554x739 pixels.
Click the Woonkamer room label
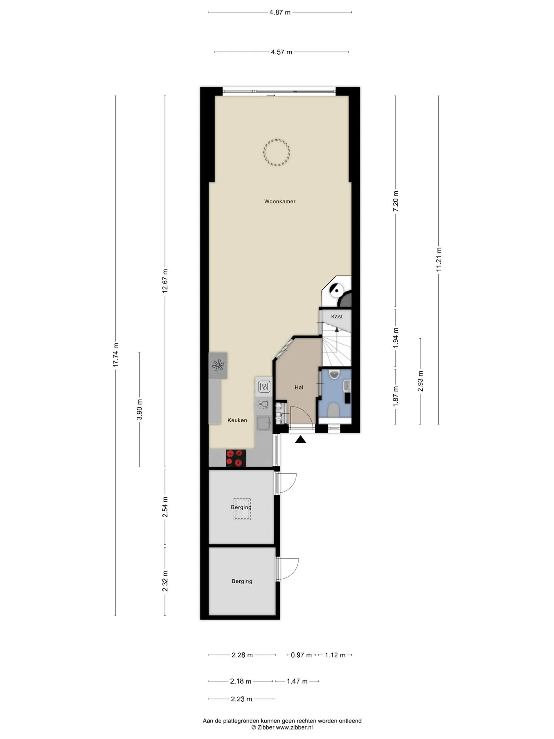tap(280, 201)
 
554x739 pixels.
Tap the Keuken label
tap(237, 420)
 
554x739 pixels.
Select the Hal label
tap(299, 388)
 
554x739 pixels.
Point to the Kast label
tap(337, 316)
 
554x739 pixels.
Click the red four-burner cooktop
tap(236, 458)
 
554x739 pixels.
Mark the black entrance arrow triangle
tap(300, 439)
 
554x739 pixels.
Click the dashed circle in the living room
tap(276, 152)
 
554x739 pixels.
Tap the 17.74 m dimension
tap(115, 355)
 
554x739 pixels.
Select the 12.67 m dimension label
tap(165, 281)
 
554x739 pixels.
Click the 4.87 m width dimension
tap(280, 12)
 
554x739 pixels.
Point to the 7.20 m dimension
tap(395, 201)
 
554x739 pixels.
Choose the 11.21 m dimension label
tap(439, 259)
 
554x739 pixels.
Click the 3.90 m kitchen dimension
tap(139, 410)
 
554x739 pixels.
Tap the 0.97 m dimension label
tap(301, 655)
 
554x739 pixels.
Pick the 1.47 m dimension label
tap(297, 681)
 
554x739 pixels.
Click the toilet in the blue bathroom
tap(333, 410)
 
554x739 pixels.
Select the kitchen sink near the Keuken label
tap(264, 423)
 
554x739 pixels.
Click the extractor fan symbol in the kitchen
tap(218, 366)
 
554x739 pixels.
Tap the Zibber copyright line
tap(282, 727)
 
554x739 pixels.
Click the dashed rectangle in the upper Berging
tap(242, 510)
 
